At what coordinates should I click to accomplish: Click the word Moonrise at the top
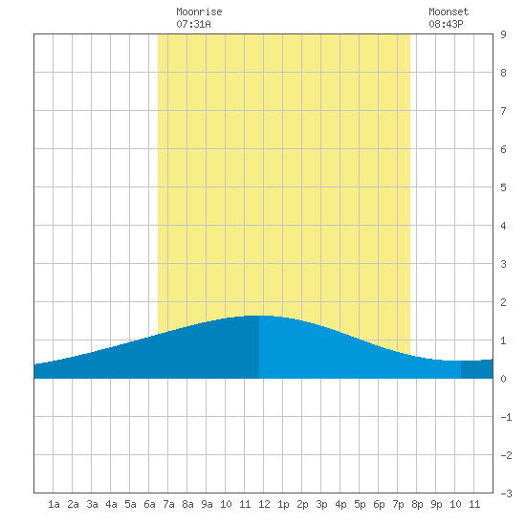point(199,11)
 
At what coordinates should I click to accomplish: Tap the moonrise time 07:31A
point(193,24)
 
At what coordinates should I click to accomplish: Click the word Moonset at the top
point(449,11)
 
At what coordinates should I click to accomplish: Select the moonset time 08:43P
point(446,24)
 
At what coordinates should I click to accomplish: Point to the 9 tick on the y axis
point(503,34)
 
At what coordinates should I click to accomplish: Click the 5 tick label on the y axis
point(503,187)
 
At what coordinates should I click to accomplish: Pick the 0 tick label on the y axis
point(503,379)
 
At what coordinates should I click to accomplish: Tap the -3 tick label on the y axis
point(506,493)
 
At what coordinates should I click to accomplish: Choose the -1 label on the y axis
point(506,417)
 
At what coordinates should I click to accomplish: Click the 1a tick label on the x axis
point(54,504)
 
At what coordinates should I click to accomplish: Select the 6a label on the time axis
point(149,504)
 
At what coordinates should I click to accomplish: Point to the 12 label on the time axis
point(264,504)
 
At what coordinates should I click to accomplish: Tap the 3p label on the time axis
point(321,504)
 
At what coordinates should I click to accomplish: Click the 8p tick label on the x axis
point(417,504)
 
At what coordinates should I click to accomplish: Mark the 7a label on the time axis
point(168,504)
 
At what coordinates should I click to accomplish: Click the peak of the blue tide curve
point(259,316)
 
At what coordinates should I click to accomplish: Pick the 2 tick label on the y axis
point(503,302)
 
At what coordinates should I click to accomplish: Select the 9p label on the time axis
point(436,504)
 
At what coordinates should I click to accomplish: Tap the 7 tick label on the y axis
point(503,111)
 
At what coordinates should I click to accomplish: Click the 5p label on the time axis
point(360,504)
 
